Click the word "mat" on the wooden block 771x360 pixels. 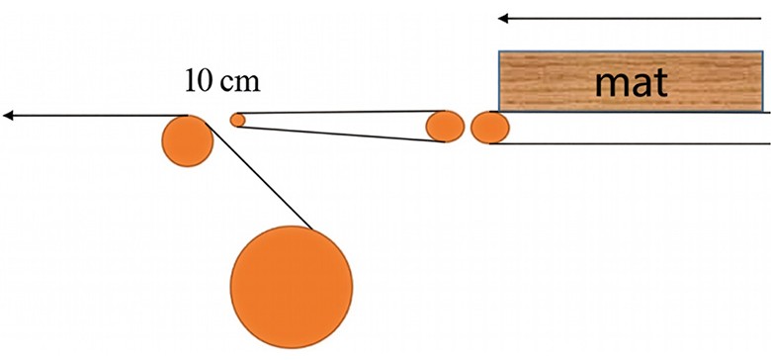point(632,82)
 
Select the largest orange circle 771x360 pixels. point(292,287)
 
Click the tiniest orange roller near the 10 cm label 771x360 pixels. point(237,120)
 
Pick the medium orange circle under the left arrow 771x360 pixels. point(188,141)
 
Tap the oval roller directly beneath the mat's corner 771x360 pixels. point(489,128)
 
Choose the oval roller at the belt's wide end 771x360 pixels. point(445,127)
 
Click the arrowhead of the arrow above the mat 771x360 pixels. point(502,19)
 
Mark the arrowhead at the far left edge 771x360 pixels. point(7,116)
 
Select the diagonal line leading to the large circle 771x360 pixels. point(259,176)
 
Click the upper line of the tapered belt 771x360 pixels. point(341,112)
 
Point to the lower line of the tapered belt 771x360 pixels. point(341,135)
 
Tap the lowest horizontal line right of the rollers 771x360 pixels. point(630,143)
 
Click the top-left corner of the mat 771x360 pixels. point(499,51)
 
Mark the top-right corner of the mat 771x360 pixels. point(763,51)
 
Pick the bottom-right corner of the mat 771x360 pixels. point(763,111)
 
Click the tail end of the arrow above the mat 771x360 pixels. point(761,19)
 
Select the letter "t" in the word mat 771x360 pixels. point(660,83)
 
